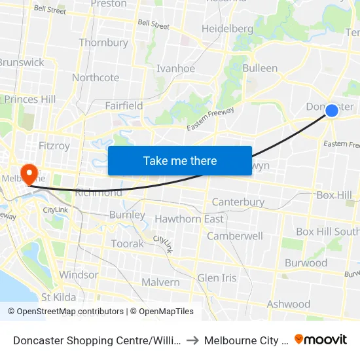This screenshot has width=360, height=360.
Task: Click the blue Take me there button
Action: (180, 160)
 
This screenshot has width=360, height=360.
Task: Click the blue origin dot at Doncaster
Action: (332, 111)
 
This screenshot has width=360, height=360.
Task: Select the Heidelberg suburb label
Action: (227, 29)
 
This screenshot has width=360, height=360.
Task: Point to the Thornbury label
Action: (103, 43)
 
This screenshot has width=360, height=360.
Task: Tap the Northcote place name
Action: (96, 77)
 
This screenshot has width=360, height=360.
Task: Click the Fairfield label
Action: (124, 105)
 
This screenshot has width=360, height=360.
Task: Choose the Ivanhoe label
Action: (175, 68)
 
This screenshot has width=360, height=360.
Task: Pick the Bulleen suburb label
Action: (260, 68)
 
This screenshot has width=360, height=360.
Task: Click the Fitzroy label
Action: (54, 146)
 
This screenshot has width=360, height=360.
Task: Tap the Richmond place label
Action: (98, 192)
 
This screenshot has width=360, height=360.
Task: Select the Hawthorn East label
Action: (189, 219)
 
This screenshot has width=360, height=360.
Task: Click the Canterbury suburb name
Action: (238, 202)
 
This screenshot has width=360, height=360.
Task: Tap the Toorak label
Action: (127, 243)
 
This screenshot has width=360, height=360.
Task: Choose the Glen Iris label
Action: (217, 278)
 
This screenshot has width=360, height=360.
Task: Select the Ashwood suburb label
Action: (289, 304)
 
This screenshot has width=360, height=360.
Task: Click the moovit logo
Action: (321, 339)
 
